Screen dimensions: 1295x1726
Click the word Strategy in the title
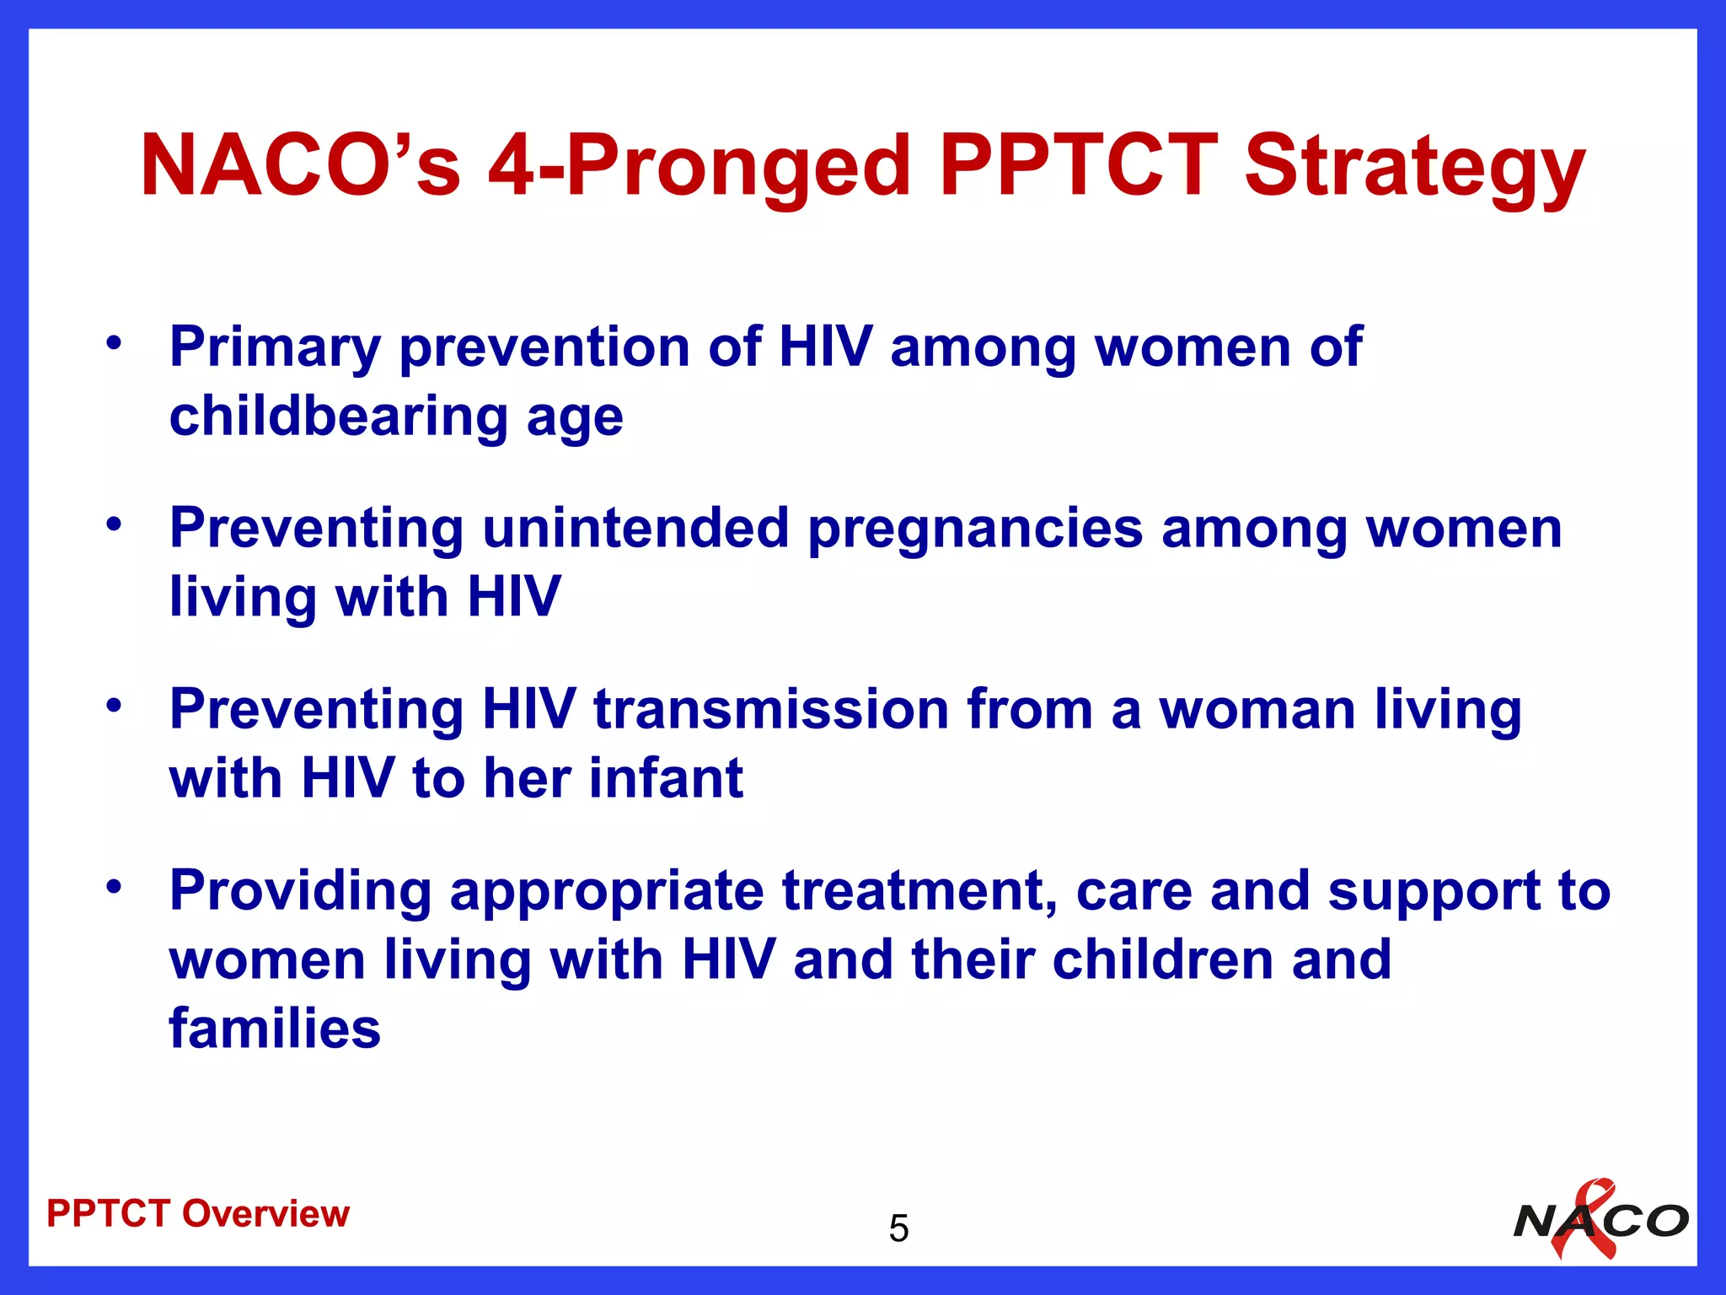click(1414, 167)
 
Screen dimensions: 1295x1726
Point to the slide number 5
click(898, 1228)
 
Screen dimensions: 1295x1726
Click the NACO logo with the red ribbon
click(1600, 1219)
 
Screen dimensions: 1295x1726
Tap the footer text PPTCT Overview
click(198, 1214)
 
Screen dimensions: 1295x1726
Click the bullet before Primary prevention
click(114, 343)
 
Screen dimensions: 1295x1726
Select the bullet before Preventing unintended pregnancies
click(114, 524)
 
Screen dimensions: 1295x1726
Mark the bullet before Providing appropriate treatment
click(114, 887)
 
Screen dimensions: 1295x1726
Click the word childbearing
click(338, 416)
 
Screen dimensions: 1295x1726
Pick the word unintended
click(635, 529)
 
